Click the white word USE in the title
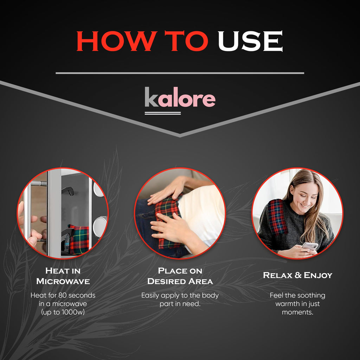(250, 41)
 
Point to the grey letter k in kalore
(151, 97)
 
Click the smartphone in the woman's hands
(310, 246)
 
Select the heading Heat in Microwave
(63, 276)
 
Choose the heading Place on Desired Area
(180, 276)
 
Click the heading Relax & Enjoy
(297, 275)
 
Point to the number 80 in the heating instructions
(62, 295)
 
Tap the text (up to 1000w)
(63, 312)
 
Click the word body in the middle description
(211, 295)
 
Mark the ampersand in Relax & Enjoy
(298, 275)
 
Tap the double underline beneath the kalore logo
(162, 113)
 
